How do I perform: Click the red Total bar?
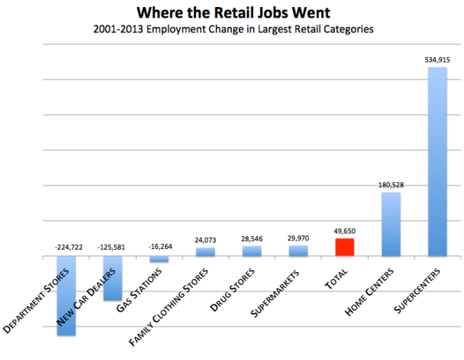pos(344,247)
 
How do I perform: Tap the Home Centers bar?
pos(391,224)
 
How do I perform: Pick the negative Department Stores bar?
pos(66,295)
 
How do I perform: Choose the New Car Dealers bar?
pos(112,278)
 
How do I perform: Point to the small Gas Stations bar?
pos(159,259)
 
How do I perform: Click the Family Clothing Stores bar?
pos(205,252)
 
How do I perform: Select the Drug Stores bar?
pos(252,251)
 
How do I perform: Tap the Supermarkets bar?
pos(298,251)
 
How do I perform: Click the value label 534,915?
pos(437,61)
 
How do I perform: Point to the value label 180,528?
pos(390,185)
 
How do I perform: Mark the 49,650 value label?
pos(344,231)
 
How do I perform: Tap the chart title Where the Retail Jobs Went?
pos(232,13)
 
